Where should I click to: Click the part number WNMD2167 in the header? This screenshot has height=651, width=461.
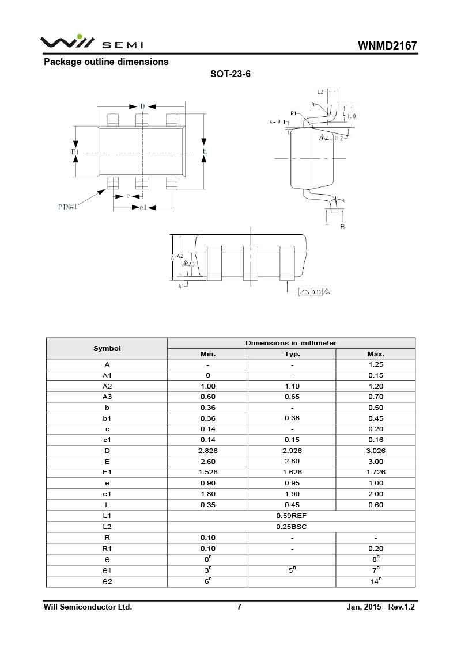pos(387,45)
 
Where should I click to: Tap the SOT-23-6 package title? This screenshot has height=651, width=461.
pos(231,74)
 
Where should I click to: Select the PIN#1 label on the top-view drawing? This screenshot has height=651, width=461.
pos(67,206)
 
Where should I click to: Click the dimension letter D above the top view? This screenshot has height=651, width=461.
pos(142,106)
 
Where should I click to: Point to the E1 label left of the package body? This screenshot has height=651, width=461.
pos(75,151)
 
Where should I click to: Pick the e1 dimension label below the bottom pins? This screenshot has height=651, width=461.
pos(143,207)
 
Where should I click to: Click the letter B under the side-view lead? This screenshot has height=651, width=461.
pos(342,227)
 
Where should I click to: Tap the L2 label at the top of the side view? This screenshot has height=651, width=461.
pos(321,92)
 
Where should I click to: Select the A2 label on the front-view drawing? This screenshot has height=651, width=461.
pos(180,255)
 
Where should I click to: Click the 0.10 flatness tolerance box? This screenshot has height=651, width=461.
pos(316,292)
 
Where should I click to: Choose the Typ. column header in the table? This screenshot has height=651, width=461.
pos(292,354)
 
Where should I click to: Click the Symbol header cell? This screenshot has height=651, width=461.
pos(107,348)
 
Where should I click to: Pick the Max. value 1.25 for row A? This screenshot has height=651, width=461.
pos(375,364)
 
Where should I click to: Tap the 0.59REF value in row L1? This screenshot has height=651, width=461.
pos(292,516)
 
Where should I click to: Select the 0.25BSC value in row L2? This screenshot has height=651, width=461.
pos(292,527)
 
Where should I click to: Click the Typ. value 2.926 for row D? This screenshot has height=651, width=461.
pos(292,451)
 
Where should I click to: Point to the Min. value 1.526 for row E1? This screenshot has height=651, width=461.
pos(208,472)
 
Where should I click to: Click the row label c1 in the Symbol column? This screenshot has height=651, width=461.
pos(107,440)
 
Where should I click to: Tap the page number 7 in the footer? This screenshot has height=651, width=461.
pos(239,607)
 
